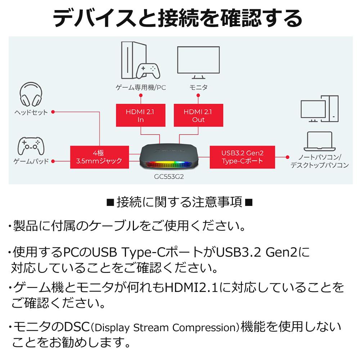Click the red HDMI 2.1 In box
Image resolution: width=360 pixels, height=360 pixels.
[x=140, y=115]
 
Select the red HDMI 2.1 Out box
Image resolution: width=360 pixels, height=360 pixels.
[x=198, y=115]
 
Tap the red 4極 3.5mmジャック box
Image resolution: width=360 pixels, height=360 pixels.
[x=99, y=157]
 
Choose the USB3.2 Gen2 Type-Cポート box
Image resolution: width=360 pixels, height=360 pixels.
[x=242, y=157]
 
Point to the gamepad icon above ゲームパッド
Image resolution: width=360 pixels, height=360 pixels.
[x=31, y=146]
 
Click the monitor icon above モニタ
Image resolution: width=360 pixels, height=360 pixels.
[x=198, y=62]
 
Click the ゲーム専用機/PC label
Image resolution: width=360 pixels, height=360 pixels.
[x=141, y=87]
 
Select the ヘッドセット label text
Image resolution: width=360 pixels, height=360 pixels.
[x=31, y=112]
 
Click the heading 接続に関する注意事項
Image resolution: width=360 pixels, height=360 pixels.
[x=180, y=202]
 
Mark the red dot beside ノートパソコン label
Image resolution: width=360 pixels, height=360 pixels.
[x=287, y=157]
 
